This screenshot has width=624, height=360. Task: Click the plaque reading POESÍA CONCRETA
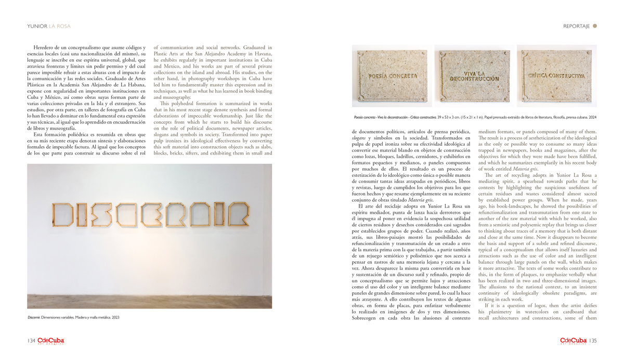393,76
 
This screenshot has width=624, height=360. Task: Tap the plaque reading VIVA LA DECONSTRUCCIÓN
474,76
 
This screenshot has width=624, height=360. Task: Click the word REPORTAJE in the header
576,26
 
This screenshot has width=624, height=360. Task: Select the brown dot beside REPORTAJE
595,25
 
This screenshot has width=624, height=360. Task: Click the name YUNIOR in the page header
37,26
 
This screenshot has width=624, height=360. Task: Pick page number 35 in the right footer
593,341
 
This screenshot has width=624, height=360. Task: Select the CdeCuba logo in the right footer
574,341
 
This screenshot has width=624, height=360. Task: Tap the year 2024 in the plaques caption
591,118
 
